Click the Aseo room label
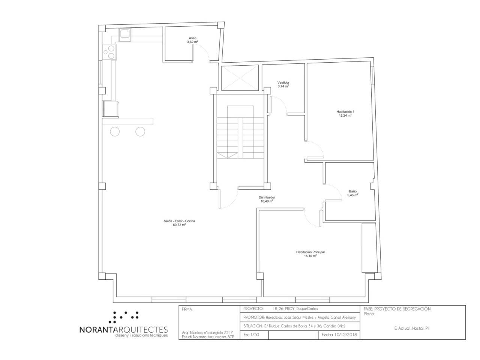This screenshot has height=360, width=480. (x=192, y=38)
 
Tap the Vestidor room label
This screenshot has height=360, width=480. (x=283, y=82)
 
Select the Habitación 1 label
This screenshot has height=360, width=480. (x=345, y=112)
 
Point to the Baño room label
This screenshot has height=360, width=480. (x=353, y=191)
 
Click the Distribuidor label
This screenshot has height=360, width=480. (x=267, y=197)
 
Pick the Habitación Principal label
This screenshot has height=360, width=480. (x=310, y=252)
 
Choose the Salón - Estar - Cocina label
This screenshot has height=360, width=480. (x=179, y=221)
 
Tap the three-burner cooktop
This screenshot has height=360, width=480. (x=109, y=52)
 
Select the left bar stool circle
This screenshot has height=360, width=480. (x=115, y=132)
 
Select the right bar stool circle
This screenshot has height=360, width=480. (x=140, y=132)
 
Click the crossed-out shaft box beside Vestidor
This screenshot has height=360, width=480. (x=240, y=78)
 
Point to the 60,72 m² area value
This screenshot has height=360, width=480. (x=179, y=225)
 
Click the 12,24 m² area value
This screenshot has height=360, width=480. (x=345, y=115)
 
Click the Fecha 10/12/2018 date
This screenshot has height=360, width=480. (x=339, y=334)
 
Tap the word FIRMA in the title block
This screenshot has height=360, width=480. (x=187, y=309)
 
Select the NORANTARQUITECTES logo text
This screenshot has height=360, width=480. (x=123, y=329)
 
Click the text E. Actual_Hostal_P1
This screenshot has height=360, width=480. (x=412, y=328)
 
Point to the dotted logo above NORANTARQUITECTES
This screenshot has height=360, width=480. (x=124, y=317)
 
